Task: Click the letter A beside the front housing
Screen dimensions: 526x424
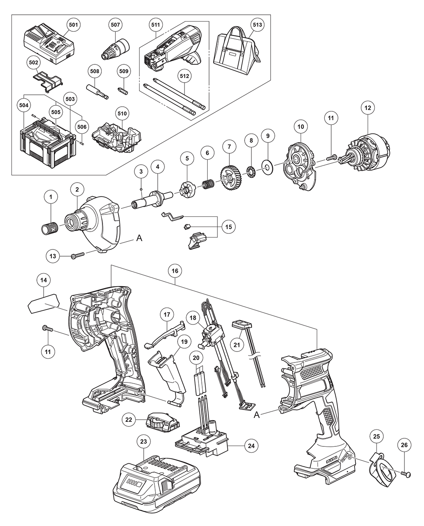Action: point(139,239)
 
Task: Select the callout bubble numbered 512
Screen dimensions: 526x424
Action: point(185,76)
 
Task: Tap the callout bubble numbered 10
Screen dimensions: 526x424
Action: point(301,126)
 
